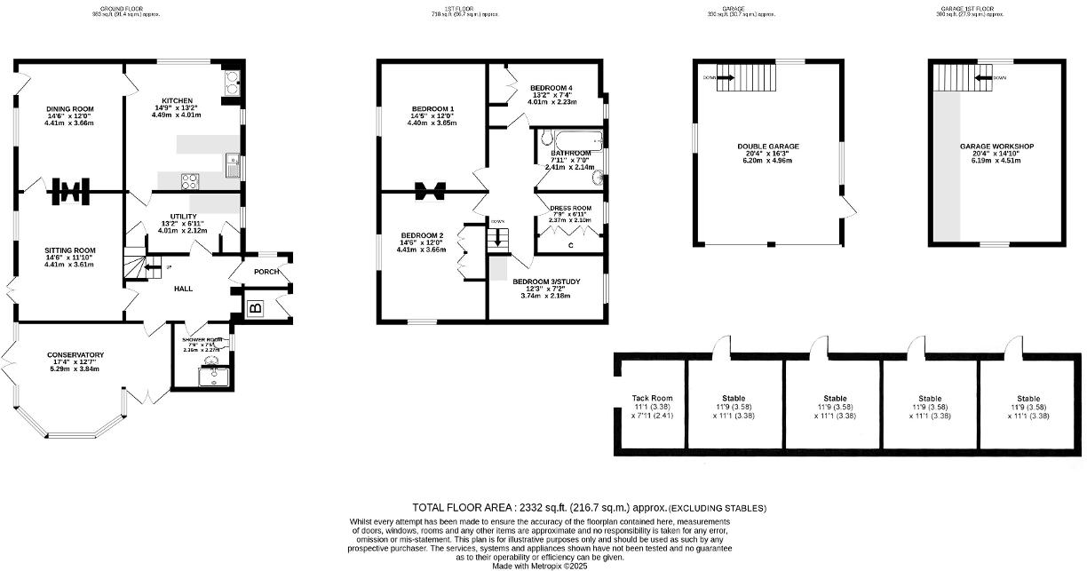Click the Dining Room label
70,109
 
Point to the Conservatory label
75,355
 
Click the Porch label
266,272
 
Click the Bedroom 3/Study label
546,282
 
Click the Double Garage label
768,147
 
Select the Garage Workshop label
996,147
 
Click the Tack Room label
652,399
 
